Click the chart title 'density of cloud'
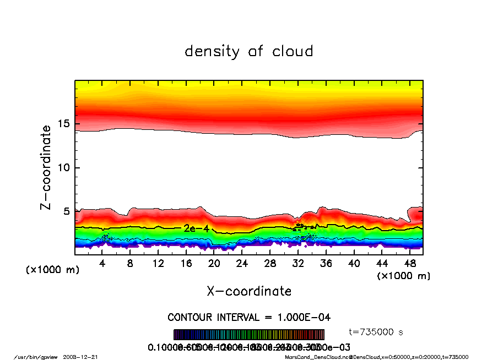pyautogui.click(x=248, y=52)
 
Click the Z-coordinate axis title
pyautogui.click(x=46, y=167)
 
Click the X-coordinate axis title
pyautogui.click(x=249, y=291)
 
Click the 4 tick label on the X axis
pyautogui.click(x=102, y=264)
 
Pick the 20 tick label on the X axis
pyautogui.click(x=214, y=264)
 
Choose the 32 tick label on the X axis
pyautogui.click(x=298, y=264)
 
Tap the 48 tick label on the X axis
pyautogui.click(x=410, y=264)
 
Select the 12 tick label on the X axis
pyautogui.click(x=158, y=264)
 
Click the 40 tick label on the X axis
pyautogui.click(x=354, y=264)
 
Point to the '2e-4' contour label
pyautogui.click(x=196, y=228)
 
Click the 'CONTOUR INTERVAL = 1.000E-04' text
pyautogui.click(x=249, y=317)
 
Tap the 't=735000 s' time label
pyautogui.click(x=377, y=332)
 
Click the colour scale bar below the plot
pyautogui.click(x=249, y=334)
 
